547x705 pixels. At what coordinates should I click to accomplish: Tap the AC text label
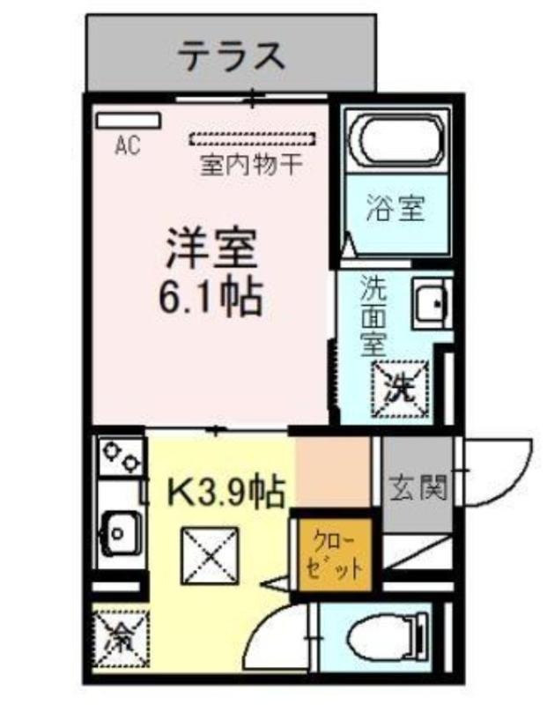[128, 145]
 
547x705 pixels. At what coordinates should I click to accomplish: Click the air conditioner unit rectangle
[129, 121]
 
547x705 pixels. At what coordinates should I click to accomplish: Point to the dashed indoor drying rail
[252, 138]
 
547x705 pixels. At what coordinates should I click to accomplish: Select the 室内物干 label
[252, 165]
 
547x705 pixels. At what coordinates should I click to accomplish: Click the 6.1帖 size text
[211, 298]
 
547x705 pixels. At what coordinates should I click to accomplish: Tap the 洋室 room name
[211, 249]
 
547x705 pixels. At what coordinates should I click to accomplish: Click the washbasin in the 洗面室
[432, 303]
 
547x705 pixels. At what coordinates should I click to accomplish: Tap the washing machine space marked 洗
[400, 389]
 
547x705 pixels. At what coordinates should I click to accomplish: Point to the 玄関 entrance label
[418, 487]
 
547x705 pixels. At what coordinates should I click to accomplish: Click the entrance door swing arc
[517, 481]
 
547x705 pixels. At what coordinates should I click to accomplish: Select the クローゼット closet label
[335, 555]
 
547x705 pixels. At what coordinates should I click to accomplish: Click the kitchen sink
[118, 533]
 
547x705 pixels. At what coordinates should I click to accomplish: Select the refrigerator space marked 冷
[121, 638]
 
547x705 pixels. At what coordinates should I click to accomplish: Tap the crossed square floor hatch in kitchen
[210, 557]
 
